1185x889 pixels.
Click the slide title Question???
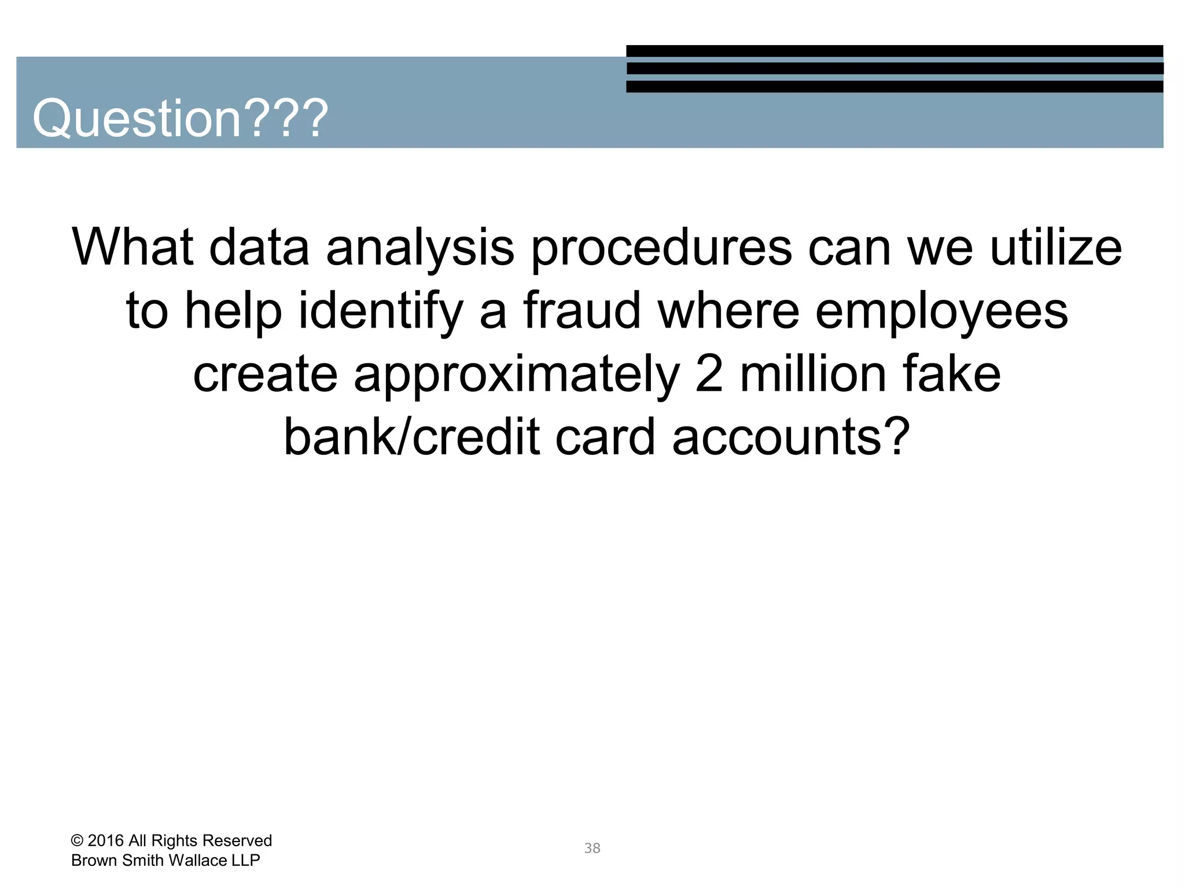point(180,119)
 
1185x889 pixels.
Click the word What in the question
point(133,248)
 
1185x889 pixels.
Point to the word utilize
point(1056,248)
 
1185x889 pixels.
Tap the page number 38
point(592,848)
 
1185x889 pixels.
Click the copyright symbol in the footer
point(77,841)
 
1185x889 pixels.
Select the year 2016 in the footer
point(105,841)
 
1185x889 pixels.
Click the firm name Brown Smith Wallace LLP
point(165,861)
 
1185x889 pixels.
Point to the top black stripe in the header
point(895,51)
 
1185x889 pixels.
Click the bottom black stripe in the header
point(895,87)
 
